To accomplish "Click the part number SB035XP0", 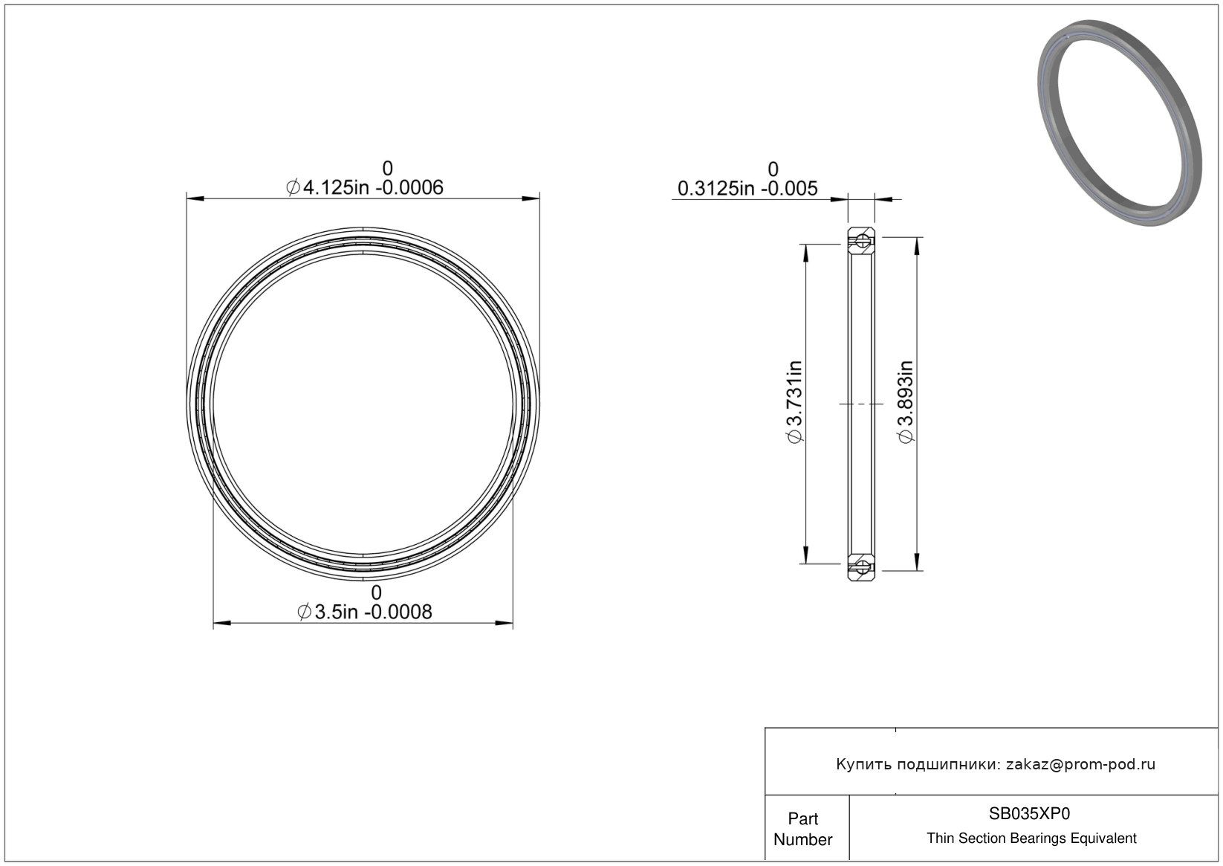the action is pos(1029,813).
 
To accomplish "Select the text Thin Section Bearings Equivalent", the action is pos(1031,838).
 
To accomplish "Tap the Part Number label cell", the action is pos(803,828).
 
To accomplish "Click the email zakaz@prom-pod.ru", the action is pos(1080,764).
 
